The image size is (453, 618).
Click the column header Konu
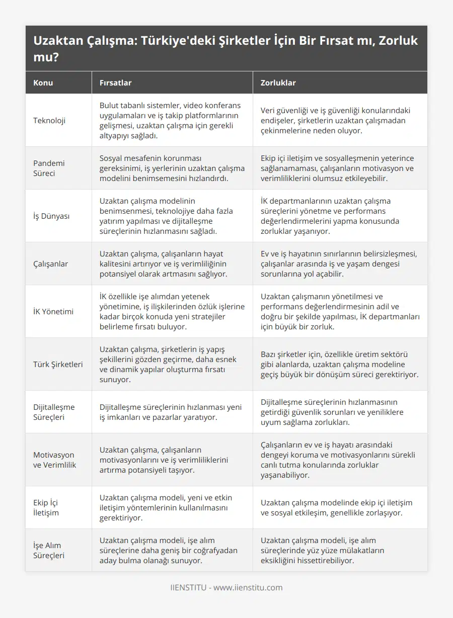(x=43, y=82)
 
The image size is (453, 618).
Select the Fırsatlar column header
(x=116, y=82)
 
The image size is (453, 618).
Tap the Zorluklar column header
(x=278, y=82)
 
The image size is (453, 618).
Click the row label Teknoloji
(x=49, y=120)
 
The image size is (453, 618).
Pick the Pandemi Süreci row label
(x=49, y=168)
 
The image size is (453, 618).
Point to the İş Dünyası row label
(x=51, y=216)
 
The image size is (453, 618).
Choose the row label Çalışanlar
(x=50, y=263)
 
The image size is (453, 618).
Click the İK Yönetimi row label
(x=53, y=311)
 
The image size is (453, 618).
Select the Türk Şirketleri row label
(x=58, y=364)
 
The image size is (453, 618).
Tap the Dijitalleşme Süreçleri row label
(x=54, y=412)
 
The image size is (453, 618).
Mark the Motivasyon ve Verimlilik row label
(x=54, y=460)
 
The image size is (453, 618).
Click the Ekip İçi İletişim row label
(x=46, y=507)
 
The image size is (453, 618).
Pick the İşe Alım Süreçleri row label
(x=48, y=550)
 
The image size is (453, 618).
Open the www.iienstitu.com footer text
(x=248, y=587)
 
